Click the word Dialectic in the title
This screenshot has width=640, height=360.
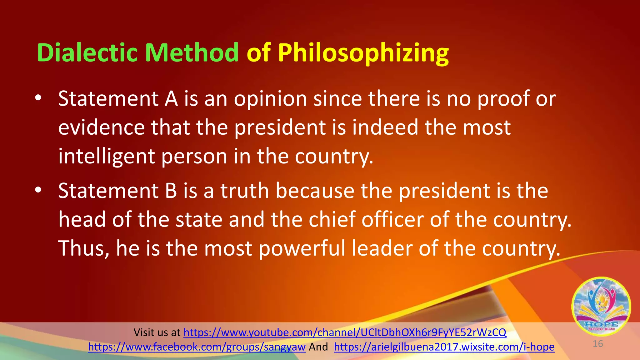click(x=87, y=53)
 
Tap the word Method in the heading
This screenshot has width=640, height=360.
click(x=192, y=53)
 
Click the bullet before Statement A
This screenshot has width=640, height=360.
click(x=38, y=98)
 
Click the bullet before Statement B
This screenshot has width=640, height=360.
click(x=38, y=190)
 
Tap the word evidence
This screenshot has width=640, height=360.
click(x=101, y=127)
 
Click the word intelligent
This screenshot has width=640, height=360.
click(x=106, y=157)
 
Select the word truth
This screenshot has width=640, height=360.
click(x=245, y=191)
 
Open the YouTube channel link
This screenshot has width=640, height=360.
click(x=345, y=332)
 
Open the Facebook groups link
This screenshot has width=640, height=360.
click(x=197, y=347)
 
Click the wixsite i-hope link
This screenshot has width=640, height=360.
click(x=444, y=347)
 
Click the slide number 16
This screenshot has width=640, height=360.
click(x=597, y=344)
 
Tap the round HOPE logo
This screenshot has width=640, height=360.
click(x=601, y=306)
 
